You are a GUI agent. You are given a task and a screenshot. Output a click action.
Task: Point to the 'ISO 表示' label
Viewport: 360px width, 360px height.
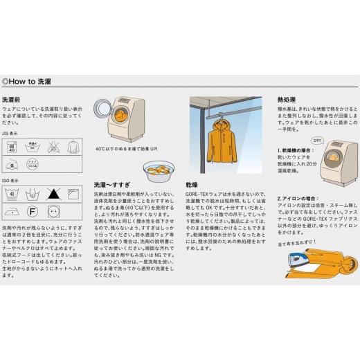point(10,180)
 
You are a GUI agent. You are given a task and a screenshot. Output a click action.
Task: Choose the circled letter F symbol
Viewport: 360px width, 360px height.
point(32,210)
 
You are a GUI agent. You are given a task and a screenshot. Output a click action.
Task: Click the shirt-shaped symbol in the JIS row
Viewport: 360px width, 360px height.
point(73,147)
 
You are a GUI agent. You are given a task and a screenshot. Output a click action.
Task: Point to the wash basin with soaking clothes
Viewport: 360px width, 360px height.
point(160,170)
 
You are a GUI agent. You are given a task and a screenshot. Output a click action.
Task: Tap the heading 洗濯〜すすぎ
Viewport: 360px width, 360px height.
point(112,186)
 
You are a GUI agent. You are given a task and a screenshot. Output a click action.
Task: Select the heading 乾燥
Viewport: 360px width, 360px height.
point(191,186)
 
